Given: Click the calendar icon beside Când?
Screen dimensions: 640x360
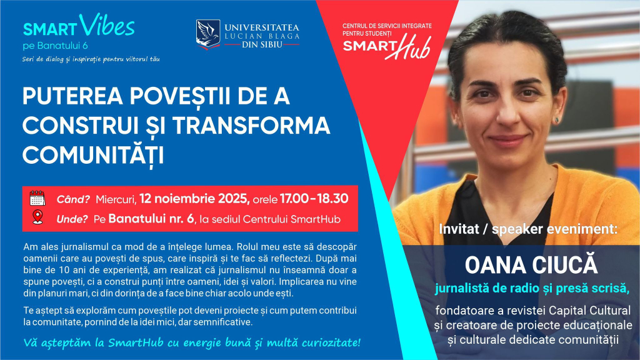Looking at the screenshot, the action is coord(37,198).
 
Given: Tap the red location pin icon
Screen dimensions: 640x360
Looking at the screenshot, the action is coord(37,217).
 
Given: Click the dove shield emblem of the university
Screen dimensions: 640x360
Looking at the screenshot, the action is coord(207,34).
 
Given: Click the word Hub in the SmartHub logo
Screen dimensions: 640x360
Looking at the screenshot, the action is coord(410,47).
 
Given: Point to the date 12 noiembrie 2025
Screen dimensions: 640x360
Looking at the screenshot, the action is coord(194,199).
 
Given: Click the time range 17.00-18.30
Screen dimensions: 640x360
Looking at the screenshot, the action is coord(314,199).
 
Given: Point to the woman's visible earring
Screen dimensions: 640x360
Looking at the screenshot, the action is coord(556,121).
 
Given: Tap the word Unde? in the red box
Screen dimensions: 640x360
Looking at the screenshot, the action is coord(72,219).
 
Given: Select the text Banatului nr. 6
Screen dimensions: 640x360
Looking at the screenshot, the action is coord(151,219).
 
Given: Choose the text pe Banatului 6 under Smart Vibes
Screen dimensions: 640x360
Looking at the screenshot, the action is coord(55,46).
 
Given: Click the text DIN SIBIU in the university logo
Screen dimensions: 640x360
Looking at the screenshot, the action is coord(262,44).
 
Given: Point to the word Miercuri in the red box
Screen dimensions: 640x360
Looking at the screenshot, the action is coord(116,199).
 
